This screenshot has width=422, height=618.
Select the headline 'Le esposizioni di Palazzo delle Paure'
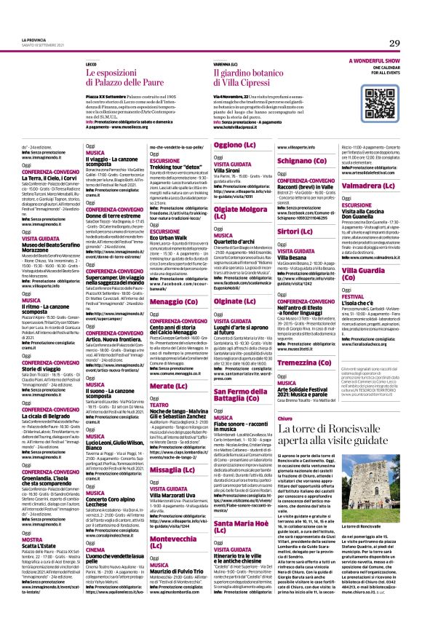pos(136,74)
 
